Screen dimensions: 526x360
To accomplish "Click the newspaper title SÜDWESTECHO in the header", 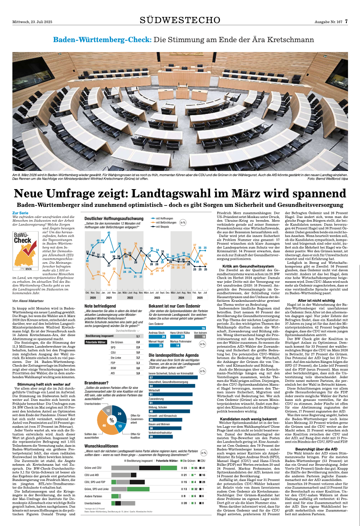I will pos(180,20).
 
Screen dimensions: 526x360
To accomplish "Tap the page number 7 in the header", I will pos(346,21).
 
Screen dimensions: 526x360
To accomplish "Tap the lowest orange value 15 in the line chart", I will pos(109,285).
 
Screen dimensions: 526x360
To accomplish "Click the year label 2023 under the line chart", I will pos(157,297).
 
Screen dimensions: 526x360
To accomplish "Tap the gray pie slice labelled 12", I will pos(107,411).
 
